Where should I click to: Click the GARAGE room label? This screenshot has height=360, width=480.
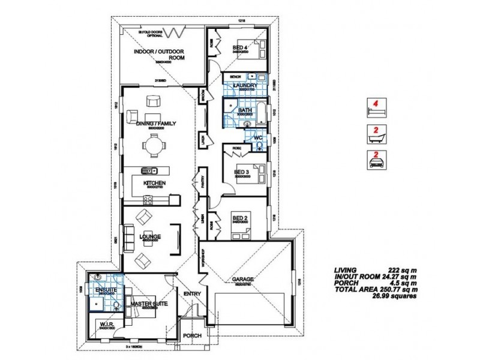[244, 280]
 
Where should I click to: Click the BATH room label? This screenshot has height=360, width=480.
[245, 110]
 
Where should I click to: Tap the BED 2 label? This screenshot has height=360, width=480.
[240, 217]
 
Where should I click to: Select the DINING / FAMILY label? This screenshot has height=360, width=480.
[154, 122]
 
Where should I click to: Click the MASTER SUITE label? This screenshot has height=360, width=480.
[149, 304]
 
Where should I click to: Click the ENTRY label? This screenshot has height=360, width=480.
[193, 293]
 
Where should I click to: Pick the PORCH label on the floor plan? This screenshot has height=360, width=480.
[192, 336]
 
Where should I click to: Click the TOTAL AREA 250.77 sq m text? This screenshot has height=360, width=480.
[374, 289]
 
